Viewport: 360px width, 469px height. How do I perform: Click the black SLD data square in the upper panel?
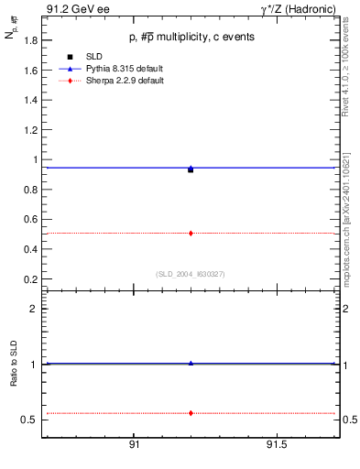click(x=191, y=169)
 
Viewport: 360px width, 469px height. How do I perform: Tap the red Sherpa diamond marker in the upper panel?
click(x=191, y=234)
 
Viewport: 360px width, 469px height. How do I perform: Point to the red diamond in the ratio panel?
click(x=191, y=413)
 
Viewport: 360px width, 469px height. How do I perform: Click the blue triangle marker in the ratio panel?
click(x=191, y=363)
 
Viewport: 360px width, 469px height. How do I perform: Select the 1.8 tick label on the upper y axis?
click(x=30, y=40)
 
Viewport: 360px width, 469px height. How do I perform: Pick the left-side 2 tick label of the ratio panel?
click(x=33, y=309)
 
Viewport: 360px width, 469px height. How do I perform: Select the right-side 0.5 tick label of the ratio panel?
click(x=337, y=420)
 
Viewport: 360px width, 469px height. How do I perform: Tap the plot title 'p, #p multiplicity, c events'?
click(x=191, y=37)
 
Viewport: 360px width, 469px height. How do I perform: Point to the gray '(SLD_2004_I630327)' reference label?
click(x=191, y=274)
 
